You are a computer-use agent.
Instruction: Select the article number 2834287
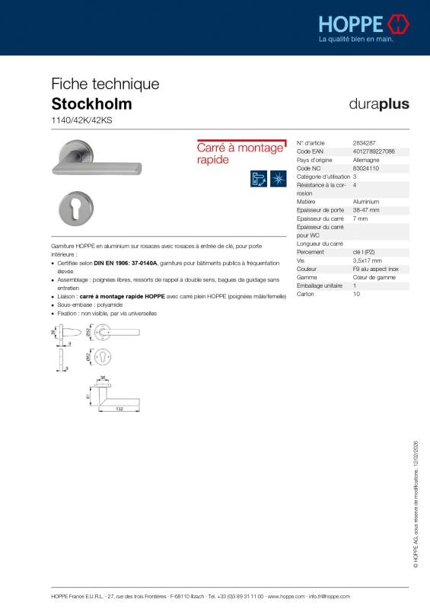[x=365, y=143]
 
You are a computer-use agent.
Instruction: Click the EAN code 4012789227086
[x=374, y=151]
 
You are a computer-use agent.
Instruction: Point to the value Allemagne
[x=367, y=160]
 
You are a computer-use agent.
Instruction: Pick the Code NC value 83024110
[x=366, y=168]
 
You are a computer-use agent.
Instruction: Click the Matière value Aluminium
[x=367, y=201]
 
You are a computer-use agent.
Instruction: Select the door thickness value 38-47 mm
[x=366, y=209]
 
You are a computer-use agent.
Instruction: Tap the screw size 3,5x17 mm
[x=367, y=260]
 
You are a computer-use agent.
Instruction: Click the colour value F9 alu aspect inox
[x=376, y=268]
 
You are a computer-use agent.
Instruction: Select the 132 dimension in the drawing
[x=119, y=408]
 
